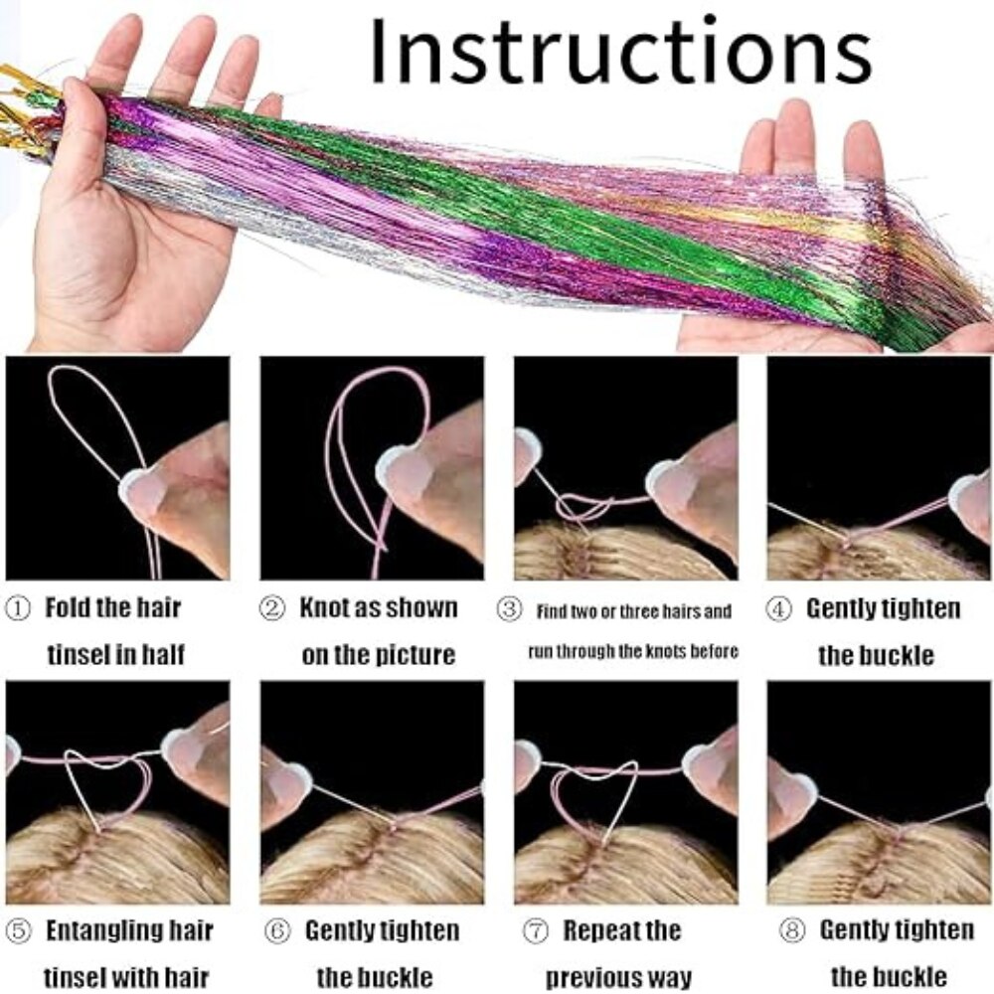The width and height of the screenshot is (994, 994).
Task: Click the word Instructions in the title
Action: tap(620, 52)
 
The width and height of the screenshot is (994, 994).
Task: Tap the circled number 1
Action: tap(17, 609)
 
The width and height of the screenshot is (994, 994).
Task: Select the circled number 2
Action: tap(272, 608)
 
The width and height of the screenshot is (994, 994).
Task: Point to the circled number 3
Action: tap(509, 610)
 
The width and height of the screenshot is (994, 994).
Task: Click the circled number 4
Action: tap(778, 609)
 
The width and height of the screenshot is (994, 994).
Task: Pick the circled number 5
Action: tap(18, 931)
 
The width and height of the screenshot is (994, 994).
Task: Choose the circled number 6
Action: tap(277, 931)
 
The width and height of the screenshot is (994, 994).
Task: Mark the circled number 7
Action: tap(535, 931)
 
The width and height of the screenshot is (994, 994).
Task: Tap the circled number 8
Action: tap(791, 930)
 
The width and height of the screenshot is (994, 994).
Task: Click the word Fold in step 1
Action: tap(69, 608)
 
